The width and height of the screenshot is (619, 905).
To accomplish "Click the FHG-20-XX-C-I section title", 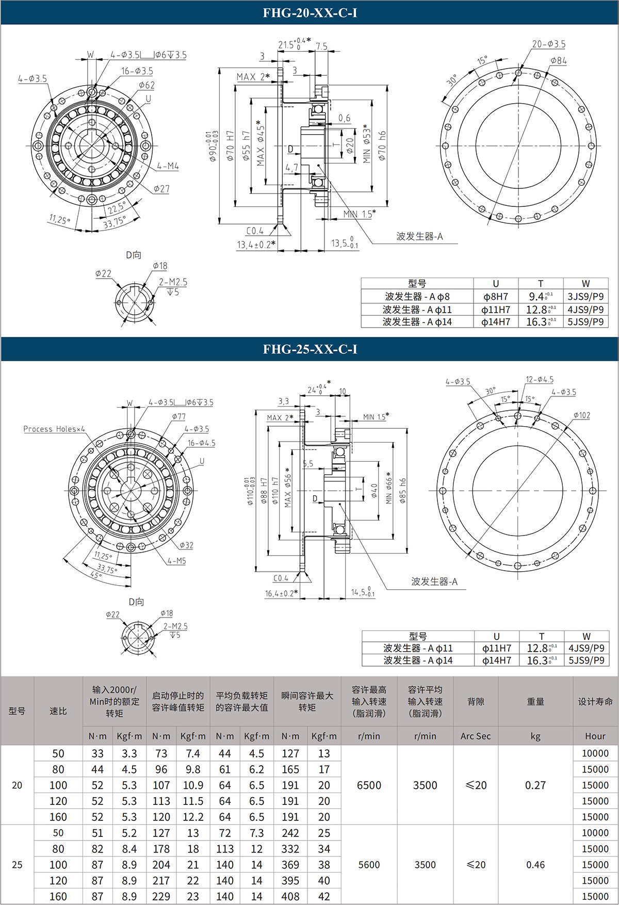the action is click(x=309, y=12).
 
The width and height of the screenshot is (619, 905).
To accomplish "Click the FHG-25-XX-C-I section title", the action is click(x=309, y=349).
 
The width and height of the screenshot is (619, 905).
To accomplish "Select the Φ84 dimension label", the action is click(x=558, y=60).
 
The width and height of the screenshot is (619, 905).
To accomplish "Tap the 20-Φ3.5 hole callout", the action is click(x=548, y=44).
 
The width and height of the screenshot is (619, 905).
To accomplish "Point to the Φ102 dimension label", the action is click(x=581, y=415).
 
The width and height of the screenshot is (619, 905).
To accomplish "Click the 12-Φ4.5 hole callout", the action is click(x=540, y=380).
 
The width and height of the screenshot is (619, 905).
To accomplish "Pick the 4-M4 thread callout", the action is click(x=168, y=166).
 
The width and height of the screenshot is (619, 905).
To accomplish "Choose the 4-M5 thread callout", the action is click(x=176, y=561).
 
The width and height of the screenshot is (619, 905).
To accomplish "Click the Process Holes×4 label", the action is click(x=54, y=429).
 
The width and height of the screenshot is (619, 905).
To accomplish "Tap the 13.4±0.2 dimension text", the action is click(x=256, y=245).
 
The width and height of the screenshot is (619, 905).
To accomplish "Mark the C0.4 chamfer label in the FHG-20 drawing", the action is click(x=255, y=231).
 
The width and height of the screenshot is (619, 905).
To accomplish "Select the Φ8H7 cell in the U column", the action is click(x=496, y=296).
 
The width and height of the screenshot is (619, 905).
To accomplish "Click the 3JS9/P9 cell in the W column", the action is click(x=585, y=296).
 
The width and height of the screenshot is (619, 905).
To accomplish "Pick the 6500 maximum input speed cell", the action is click(x=369, y=785).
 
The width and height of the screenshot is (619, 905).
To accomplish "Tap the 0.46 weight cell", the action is click(x=535, y=865).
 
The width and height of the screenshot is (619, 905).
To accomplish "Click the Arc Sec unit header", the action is click(x=476, y=736).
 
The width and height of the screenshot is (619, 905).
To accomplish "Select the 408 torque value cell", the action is click(x=290, y=897).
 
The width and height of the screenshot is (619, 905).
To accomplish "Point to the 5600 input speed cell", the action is click(x=369, y=865).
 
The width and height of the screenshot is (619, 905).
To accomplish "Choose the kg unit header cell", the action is click(x=535, y=736).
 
